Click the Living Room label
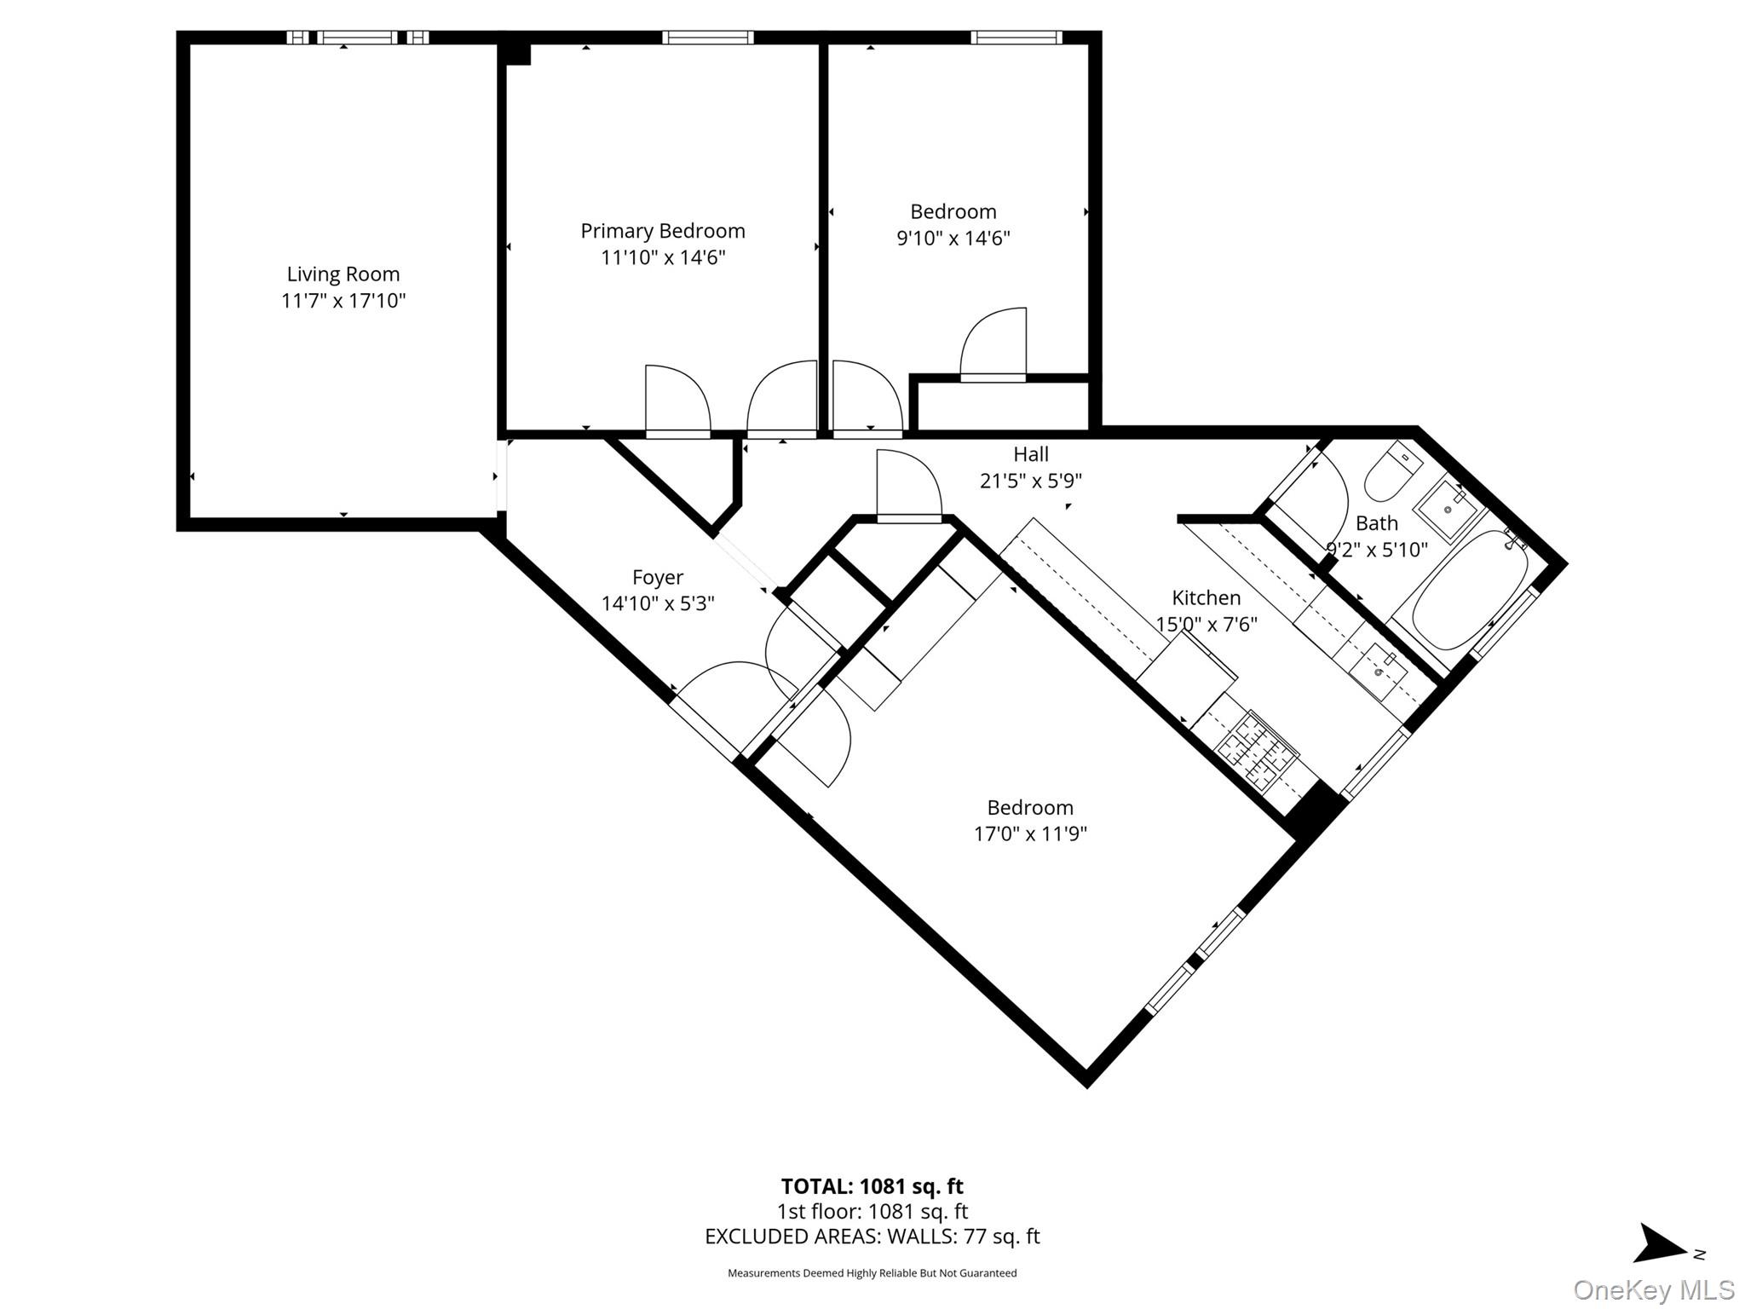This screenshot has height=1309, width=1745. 343,274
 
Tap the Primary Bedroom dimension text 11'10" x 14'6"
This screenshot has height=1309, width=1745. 663,257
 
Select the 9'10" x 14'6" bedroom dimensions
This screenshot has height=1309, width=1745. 953,238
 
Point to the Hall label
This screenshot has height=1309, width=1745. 1030,454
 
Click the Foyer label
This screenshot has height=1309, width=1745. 657,578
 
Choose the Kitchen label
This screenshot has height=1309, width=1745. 1206,597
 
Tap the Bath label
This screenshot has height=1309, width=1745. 1376,523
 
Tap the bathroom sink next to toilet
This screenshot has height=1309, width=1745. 1448,509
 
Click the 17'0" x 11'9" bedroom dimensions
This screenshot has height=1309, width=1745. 1030,833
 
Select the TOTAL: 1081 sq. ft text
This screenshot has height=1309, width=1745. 872,1186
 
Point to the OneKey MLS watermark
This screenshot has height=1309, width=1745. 1653,1289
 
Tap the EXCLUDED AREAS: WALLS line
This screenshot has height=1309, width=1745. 872,1237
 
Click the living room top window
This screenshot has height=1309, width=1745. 357,37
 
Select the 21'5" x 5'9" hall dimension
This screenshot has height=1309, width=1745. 1030,482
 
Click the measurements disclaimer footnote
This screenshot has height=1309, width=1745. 872,1273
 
